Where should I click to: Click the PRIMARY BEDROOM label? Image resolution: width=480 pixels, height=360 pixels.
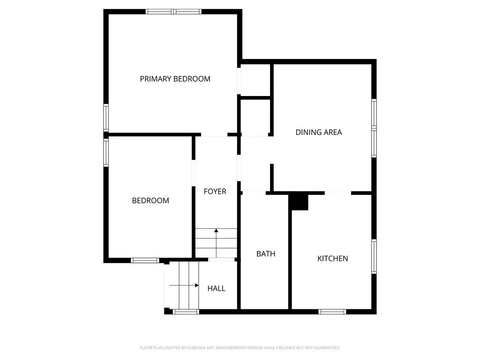point(175,79)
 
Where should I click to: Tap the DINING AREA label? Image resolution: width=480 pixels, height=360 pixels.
point(319,132)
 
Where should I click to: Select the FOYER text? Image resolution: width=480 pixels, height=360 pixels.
point(215,191)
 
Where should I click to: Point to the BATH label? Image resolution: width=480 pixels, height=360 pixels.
point(266,254)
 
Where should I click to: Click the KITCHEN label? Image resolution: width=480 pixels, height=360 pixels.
point(332,259)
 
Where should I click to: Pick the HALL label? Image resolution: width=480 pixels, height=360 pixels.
point(217,288)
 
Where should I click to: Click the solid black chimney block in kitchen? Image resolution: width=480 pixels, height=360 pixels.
point(300,202)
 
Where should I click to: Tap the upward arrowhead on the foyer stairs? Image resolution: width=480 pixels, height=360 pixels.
point(216,231)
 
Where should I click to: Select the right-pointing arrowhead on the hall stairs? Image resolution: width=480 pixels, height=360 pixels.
point(197,285)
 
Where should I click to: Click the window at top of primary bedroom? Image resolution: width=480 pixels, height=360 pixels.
point(173,12)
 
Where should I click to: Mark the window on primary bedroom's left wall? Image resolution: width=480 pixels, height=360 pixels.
point(106,118)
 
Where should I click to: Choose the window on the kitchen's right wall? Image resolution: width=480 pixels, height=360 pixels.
point(374,256)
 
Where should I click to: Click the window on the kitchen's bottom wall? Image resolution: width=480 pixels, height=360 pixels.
point(332,312)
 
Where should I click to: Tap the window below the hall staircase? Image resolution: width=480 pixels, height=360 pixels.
point(186,312)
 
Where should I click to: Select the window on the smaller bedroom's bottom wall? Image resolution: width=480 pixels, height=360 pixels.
point(145,261)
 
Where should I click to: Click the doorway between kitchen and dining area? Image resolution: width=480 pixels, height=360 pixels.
point(338,193)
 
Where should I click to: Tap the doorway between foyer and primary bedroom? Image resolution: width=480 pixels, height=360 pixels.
point(214,135)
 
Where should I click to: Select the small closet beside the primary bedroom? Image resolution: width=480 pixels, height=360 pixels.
point(255,80)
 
